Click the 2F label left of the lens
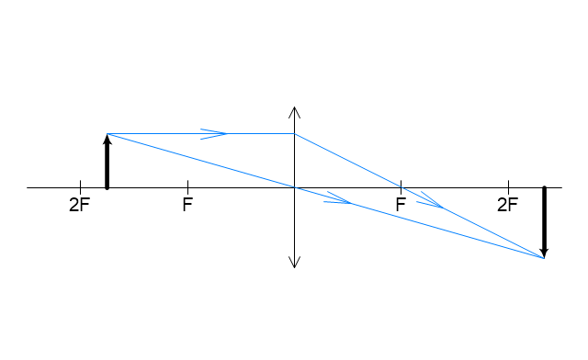coord(80,205)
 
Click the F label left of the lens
coord(187,205)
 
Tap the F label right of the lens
coord(401,205)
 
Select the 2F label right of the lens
coord(508,205)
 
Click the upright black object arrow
coord(107,162)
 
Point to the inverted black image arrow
coord(545,222)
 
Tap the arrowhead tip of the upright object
coord(107,134)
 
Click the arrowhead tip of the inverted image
coord(544,258)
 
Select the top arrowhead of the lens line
coord(294,107)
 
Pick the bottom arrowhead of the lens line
coord(294,267)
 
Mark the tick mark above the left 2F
coord(80,184)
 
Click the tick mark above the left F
coord(187,184)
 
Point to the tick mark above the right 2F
coord(508,184)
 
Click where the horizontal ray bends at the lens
coord(294,133)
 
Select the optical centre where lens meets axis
coord(294,187)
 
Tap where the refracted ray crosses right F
coord(401,187)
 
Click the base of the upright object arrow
coord(107,187)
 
